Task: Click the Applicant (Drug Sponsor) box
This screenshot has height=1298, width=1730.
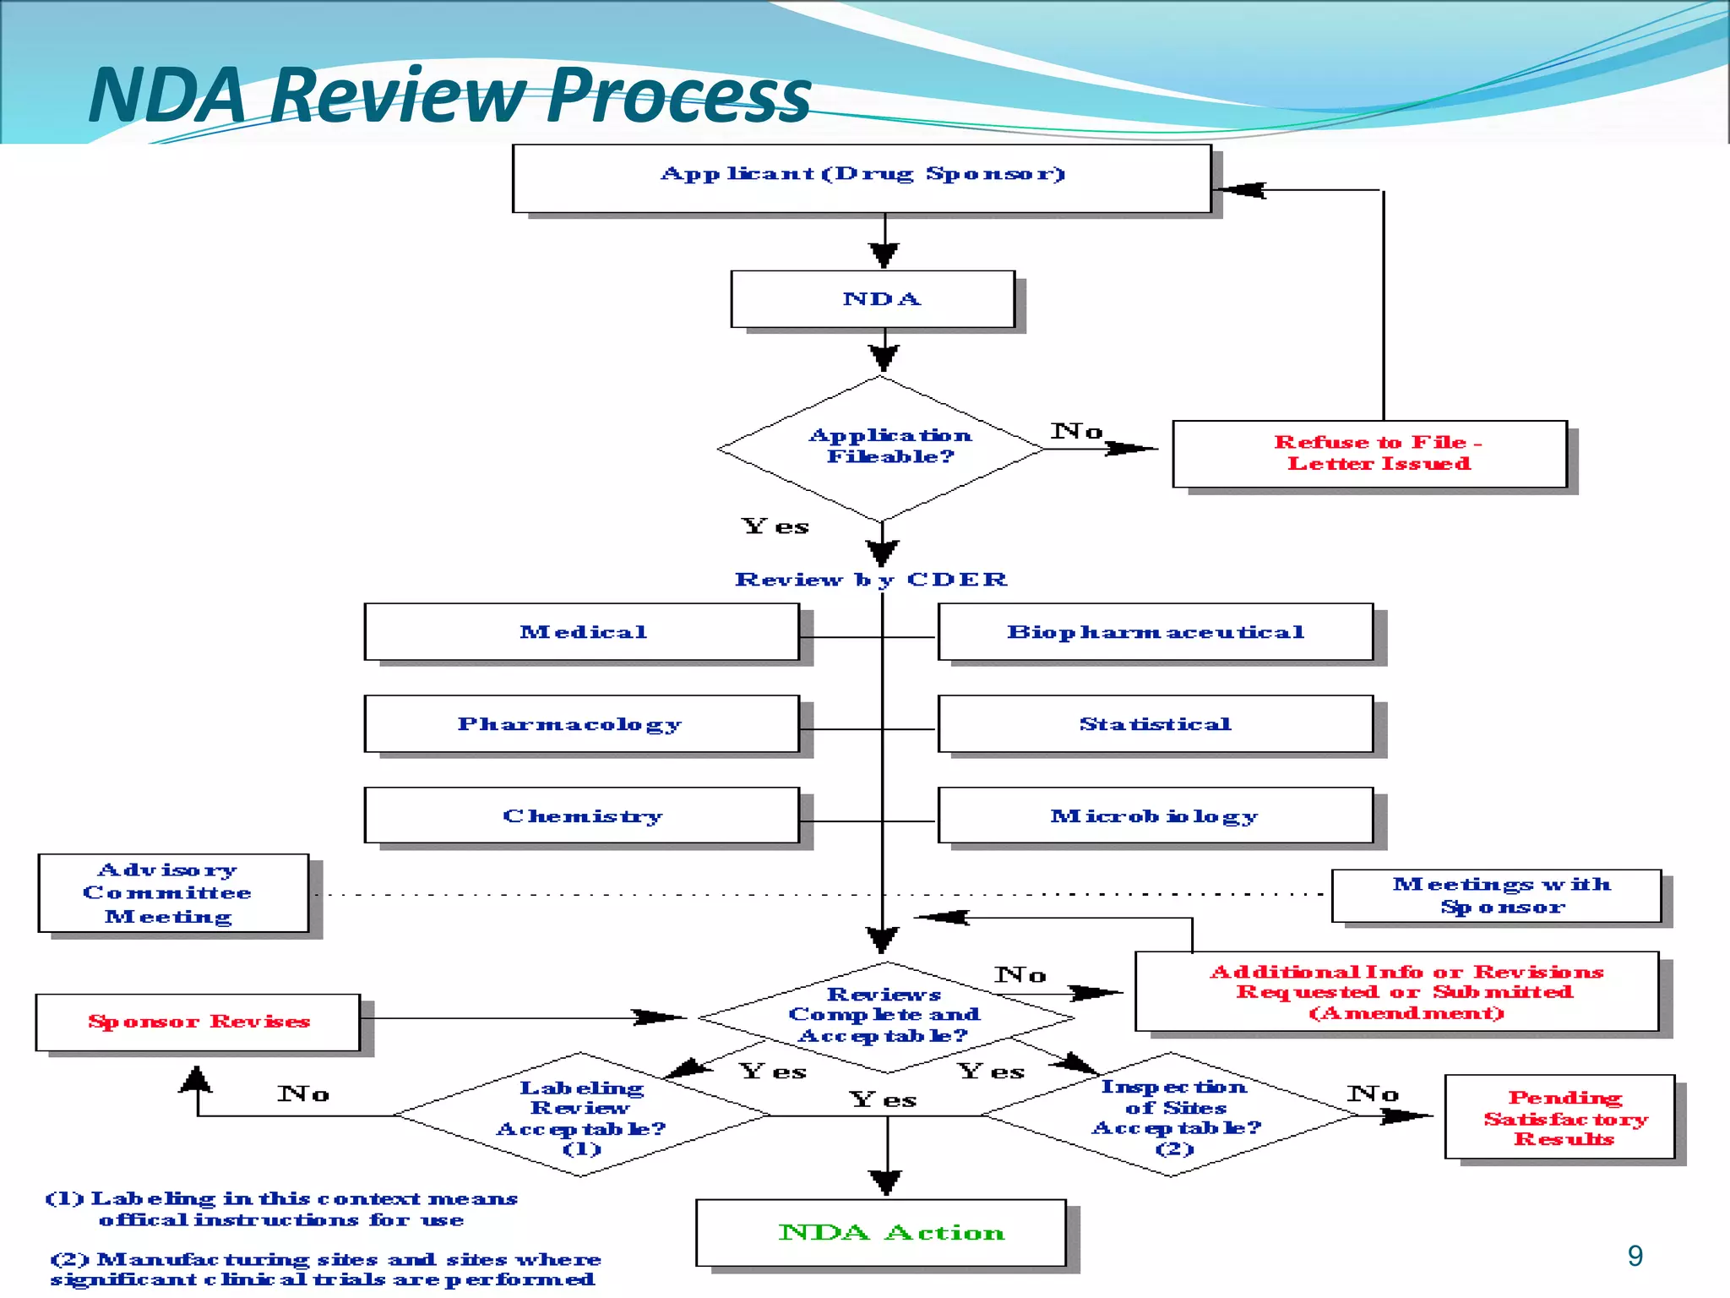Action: (862, 178)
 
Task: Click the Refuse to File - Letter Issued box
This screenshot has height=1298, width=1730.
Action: (1369, 454)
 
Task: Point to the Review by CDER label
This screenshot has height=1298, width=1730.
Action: (871, 580)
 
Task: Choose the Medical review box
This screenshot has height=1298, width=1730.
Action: (581, 632)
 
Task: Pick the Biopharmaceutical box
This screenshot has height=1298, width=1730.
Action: (1155, 632)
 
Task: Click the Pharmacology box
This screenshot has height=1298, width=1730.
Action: (581, 724)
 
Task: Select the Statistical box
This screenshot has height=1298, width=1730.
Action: (1155, 724)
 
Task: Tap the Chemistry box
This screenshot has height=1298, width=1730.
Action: (581, 815)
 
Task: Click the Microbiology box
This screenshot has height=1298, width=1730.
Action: (1155, 815)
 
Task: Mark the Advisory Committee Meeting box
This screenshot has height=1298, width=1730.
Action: (173, 893)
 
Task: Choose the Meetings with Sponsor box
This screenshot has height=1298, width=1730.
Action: (1496, 896)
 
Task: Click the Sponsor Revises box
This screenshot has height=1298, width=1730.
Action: (198, 1022)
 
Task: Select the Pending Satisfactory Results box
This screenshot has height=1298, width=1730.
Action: (1559, 1117)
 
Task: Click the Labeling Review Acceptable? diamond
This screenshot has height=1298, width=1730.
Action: (581, 1115)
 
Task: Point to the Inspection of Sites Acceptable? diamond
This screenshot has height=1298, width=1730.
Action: (1172, 1115)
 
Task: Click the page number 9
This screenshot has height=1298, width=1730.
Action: (1635, 1257)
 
